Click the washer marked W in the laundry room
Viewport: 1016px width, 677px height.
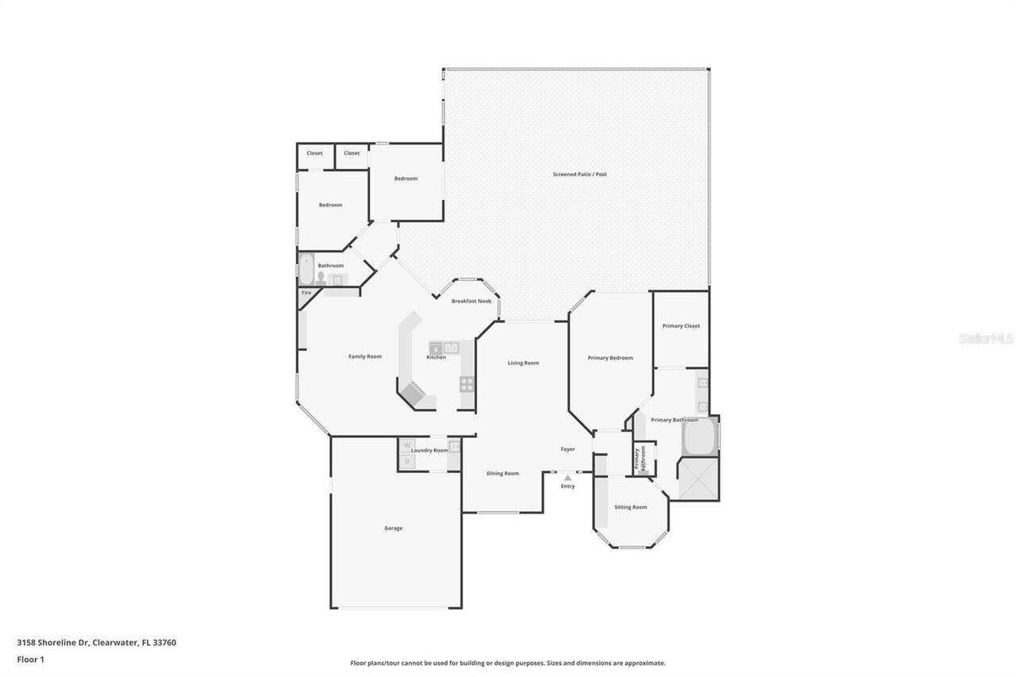point(407,446)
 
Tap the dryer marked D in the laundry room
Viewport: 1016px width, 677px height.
point(407,461)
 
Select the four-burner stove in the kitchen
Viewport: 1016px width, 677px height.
point(467,384)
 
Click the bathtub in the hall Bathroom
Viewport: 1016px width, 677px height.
point(306,268)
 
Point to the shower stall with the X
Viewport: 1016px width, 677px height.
point(698,479)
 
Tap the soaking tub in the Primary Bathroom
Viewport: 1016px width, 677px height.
point(698,437)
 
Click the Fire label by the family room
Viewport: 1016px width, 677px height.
point(306,293)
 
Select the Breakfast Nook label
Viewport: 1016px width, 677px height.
point(471,302)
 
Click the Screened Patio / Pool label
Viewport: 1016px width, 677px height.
point(579,174)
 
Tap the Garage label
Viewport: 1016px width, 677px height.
point(393,528)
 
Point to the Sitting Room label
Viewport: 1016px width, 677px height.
point(630,507)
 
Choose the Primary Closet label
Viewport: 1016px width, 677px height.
point(681,326)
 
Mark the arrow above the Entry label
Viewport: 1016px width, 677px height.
point(568,478)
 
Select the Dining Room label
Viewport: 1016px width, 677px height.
point(502,474)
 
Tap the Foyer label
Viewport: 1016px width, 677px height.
point(568,449)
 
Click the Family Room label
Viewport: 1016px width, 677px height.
point(364,356)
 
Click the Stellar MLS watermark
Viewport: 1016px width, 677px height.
point(986,339)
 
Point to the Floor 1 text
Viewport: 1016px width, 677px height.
point(30,659)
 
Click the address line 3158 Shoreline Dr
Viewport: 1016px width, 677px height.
point(96,642)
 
